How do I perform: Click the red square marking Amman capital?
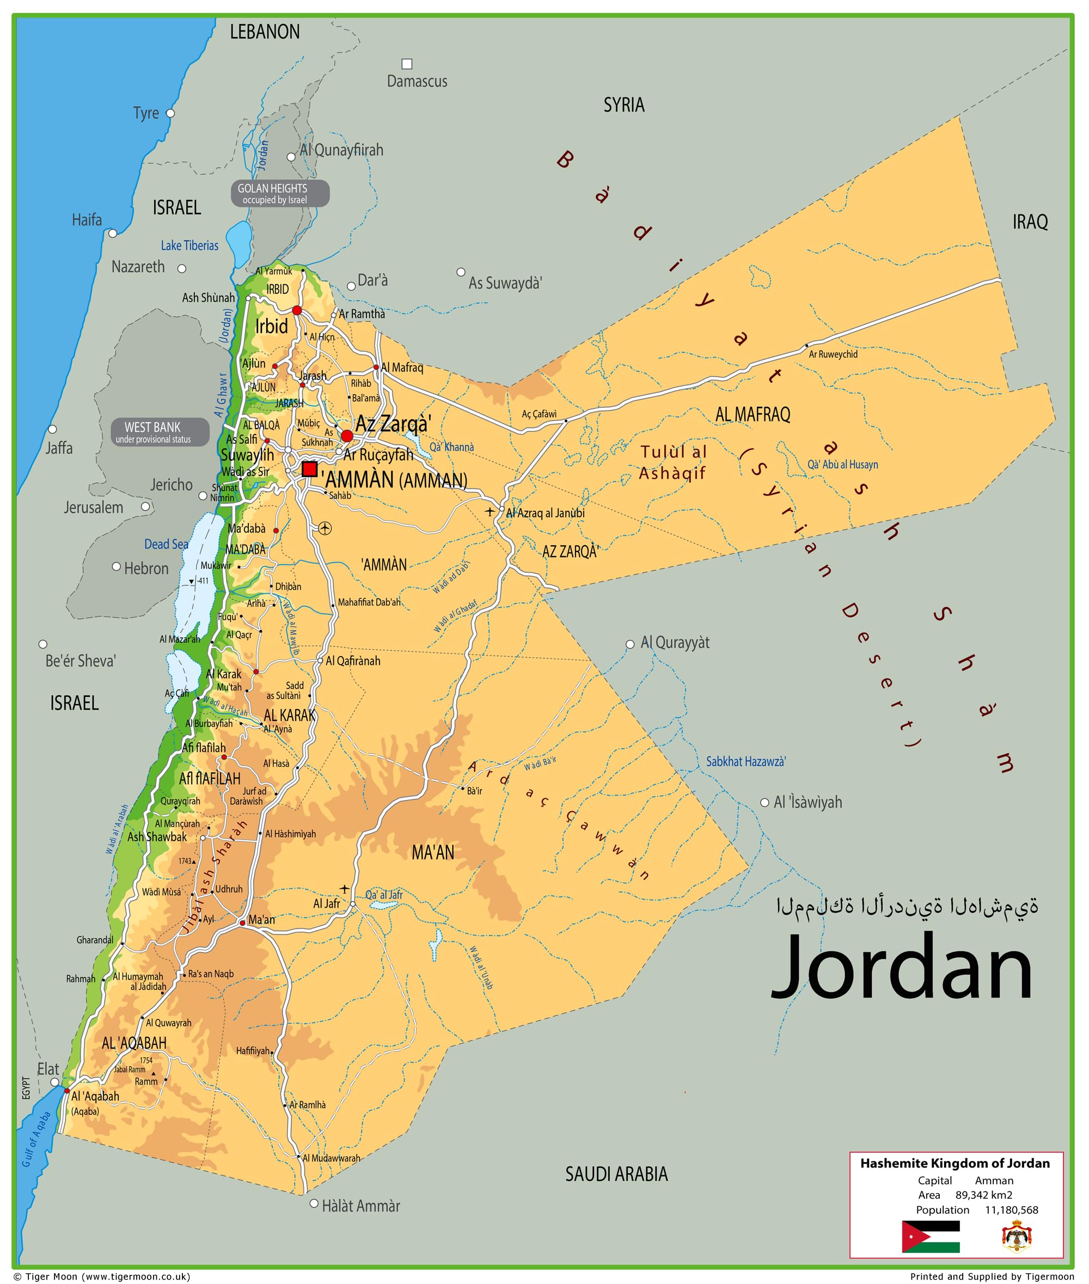pos(310,469)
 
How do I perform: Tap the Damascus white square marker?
pos(407,64)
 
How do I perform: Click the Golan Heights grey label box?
pos(280,194)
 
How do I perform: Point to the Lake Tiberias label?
pos(189,246)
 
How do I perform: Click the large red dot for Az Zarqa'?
pos(347,436)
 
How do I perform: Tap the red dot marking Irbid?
pos(297,310)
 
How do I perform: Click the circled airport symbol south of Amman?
pos(326,528)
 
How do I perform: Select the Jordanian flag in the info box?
pos(931,1236)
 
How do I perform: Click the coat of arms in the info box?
pos(1015,1237)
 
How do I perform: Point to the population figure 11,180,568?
pos(1011,1209)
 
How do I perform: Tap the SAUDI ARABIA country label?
pos(616,1173)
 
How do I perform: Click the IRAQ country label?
pos(1030,222)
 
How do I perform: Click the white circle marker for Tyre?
pos(170,114)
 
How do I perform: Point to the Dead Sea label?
pos(166,544)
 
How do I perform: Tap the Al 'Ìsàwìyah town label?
pos(807,803)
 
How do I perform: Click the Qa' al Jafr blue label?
pos(383,895)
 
